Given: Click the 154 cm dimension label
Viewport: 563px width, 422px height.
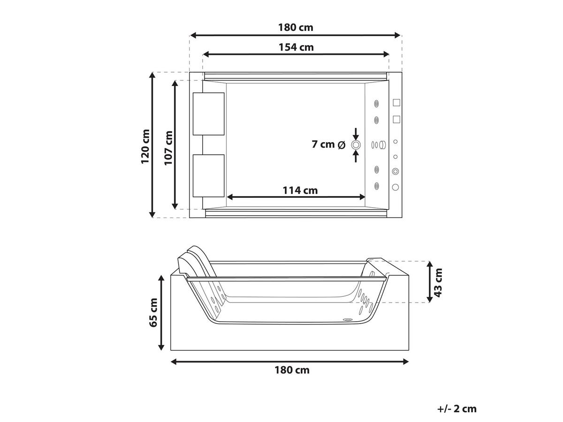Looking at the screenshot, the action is (x=296, y=47).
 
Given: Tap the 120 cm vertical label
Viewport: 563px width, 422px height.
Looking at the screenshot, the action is (x=145, y=146).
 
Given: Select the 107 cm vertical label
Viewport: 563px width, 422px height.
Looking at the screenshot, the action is (x=168, y=148).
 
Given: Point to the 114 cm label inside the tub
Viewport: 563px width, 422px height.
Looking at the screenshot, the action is (x=300, y=190).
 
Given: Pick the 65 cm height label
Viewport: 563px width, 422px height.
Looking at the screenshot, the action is (x=153, y=313).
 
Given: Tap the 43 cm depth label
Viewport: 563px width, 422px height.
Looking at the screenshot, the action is (x=438, y=283).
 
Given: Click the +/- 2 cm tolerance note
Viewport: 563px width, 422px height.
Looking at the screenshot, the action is (x=457, y=409).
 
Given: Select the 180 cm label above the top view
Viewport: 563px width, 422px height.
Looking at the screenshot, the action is (x=296, y=28).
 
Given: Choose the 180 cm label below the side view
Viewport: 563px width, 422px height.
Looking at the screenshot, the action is (x=292, y=370).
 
